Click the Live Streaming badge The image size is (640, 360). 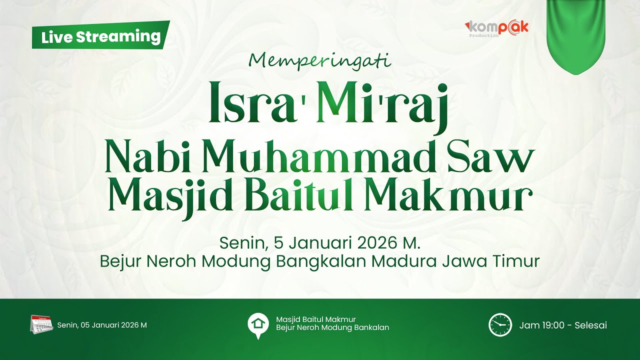100,36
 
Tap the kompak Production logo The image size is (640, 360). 496,28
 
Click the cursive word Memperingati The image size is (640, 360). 319,60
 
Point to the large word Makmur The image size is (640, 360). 447,196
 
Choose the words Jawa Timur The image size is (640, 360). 503,261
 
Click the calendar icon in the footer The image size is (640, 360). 41,324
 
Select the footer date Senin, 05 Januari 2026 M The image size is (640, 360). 102,325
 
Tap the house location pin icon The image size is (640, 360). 258,325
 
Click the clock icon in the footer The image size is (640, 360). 500,325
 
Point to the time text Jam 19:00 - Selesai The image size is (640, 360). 563,325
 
